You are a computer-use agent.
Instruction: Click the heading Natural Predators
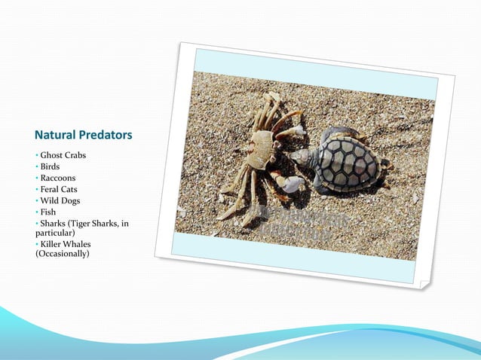click(x=83, y=136)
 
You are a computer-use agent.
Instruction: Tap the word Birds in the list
click(x=50, y=166)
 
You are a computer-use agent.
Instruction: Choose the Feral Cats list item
click(x=59, y=190)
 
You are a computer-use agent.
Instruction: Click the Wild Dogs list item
click(x=60, y=201)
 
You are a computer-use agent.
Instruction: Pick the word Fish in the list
click(x=48, y=212)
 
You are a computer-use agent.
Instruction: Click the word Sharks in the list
click(x=54, y=224)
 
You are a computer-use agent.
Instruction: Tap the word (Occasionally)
click(x=62, y=254)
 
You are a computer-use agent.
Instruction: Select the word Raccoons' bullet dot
click(x=37, y=178)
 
